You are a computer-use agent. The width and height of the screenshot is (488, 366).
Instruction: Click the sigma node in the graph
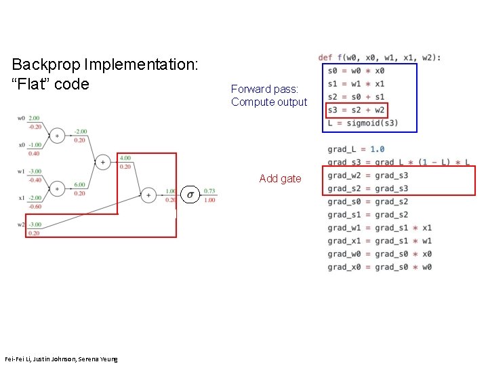[x=190, y=195]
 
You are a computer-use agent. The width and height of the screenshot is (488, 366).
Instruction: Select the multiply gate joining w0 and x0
[x=57, y=136]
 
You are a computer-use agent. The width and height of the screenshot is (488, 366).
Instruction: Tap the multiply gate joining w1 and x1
[x=57, y=188]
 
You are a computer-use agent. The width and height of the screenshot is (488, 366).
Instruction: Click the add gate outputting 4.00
[x=102, y=162]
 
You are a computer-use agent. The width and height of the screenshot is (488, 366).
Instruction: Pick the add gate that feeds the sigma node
[x=148, y=195]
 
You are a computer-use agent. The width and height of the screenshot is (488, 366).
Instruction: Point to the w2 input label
[x=22, y=224]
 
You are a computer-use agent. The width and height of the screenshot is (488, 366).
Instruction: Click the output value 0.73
[x=209, y=191]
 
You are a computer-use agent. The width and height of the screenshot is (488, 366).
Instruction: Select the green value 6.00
[x=79, y=184]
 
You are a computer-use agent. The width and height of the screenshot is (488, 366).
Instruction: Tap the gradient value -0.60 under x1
[x=34, y=207]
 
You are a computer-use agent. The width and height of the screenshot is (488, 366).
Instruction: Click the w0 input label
[x=22, y=119]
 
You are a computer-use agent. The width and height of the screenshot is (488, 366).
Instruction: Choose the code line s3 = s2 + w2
[x=357, y=110]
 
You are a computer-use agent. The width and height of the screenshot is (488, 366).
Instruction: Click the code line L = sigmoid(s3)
[x=363, y=123]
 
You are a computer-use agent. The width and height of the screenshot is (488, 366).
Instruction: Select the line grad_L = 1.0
[x=356, y=149]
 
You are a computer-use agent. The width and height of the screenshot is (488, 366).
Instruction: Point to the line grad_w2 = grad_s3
[x=368, y=176]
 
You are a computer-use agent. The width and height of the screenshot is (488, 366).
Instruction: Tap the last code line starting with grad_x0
[x=379, y=267]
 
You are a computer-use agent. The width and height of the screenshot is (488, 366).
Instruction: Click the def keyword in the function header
[x=325, y=58]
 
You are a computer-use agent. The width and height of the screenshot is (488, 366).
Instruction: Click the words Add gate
[x=280, y=179]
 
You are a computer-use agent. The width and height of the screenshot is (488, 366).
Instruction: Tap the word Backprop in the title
[x=45, y=65]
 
